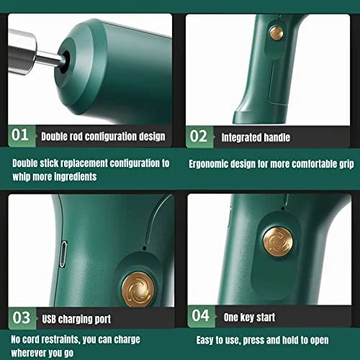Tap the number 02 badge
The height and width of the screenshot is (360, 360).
point(199,136)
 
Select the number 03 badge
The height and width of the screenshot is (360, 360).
point(22,318)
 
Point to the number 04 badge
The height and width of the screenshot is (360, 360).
point(201,316)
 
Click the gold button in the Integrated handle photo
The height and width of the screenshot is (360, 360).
point(276,33)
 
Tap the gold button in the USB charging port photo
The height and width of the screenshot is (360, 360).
point(138,289)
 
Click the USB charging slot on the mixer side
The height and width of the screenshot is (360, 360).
point(63,254)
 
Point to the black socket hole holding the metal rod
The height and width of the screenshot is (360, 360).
point(64,62)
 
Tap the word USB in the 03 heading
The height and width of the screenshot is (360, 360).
point(49,319)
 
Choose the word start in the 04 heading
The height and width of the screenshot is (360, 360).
point(266,318)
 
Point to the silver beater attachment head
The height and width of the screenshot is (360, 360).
point(22,51)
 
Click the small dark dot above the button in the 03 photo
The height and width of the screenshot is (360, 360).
point(145,248)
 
